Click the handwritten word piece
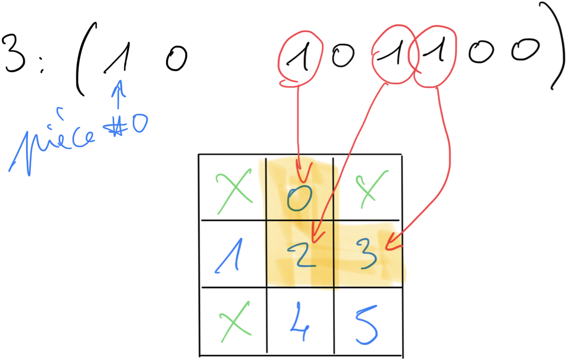(54, 141)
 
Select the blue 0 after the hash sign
(138, 124)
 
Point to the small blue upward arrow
(118, 94)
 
